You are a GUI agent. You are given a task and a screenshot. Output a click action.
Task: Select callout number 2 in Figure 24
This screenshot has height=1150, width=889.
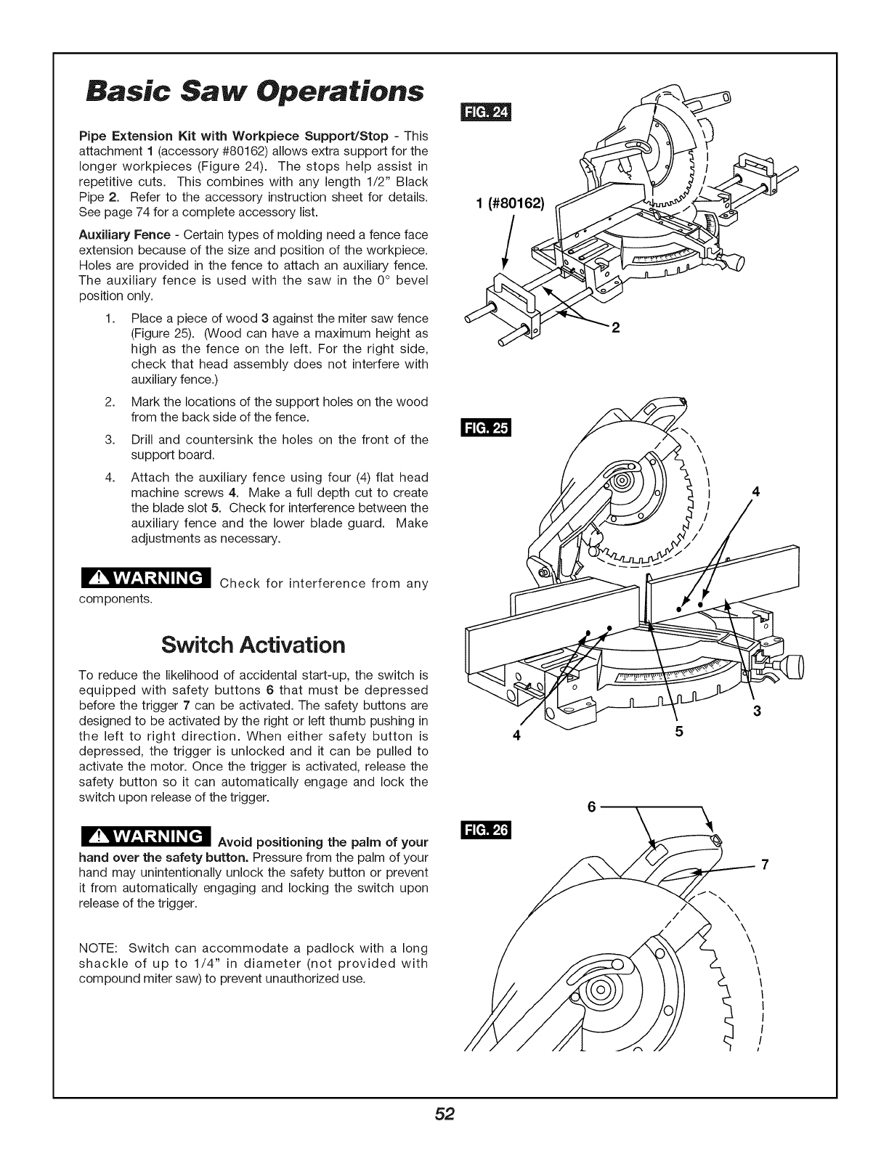pos(614,328)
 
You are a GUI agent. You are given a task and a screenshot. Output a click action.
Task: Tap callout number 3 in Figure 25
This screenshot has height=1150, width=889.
pos(756,711)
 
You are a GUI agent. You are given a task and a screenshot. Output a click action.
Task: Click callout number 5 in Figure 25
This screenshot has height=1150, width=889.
pos(679,733)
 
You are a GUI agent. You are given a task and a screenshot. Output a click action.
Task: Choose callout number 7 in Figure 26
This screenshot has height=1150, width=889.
pos(764,864)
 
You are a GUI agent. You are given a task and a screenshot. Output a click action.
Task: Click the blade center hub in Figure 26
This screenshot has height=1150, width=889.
pos(601,991)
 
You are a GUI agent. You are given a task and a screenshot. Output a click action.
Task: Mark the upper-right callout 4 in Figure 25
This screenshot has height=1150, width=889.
pos(755,492)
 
